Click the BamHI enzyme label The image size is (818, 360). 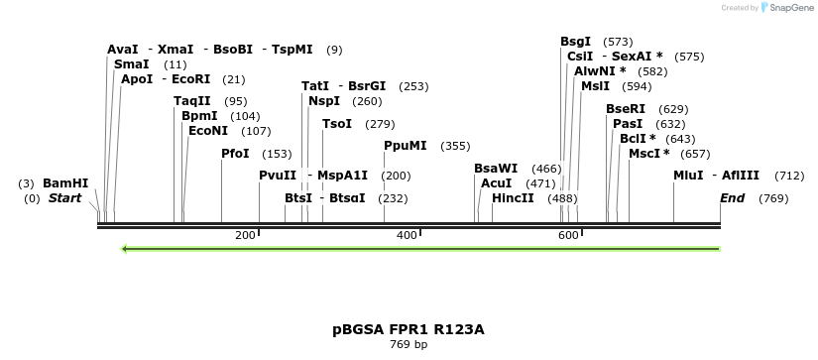pos(65,183)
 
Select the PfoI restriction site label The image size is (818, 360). pos(236,154)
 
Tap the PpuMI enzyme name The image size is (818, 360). pos(406,146)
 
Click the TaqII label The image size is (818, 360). pos(192,101)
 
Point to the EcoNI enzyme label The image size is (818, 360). pos(208,131)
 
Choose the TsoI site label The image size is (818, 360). pos(337,124)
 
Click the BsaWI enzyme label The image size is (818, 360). pos(496,169)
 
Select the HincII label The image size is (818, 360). pos(513,198)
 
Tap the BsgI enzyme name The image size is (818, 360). pos(576,42)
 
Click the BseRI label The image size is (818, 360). pos(626,109)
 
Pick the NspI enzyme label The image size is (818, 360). pos(324,101)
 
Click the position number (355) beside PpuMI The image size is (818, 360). pos(455,146)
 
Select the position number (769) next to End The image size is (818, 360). pos(773,198)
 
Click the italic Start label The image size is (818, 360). pos(64,198)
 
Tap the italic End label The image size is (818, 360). pos(732,198)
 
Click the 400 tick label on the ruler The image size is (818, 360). pos(407,235)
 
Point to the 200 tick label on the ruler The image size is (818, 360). pos(245,235)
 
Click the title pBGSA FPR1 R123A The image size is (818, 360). pos(409,328)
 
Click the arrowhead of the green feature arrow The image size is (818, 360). pos(125,249)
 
